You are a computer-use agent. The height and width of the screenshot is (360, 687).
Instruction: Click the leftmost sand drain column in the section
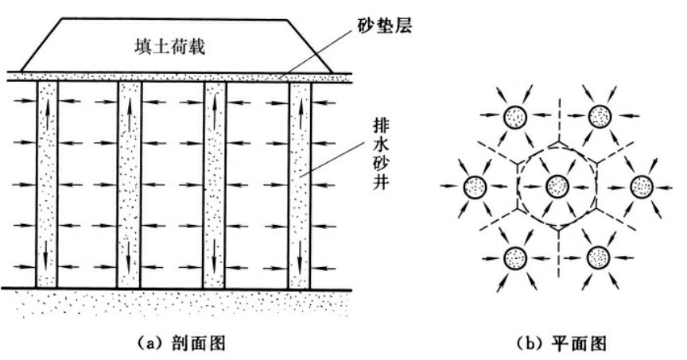pyautogui.click(x=47, y=183)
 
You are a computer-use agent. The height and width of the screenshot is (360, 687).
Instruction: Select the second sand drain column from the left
pyautogui.click(x=130, y=183)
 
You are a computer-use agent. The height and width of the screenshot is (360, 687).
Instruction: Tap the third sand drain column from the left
pyautogui.click(x=215, y=183)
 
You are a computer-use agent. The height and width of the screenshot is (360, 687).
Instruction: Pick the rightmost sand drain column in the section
pyautogui.click(x=300, y=183)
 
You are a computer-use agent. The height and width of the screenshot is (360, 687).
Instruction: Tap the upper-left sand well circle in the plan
pyautogui.click(x=515, y=117)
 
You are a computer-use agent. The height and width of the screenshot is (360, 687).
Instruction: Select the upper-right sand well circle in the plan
pyautogui.click(x=599, y=117)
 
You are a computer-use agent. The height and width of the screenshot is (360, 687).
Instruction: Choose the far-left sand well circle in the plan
pyautogui.click(x=475, y=188)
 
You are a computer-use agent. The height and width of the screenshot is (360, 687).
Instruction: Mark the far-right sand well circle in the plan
pyautogui.click(x=641, y=188)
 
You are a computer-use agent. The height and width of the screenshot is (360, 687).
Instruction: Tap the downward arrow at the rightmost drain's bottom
pyautogui.click(x=300, y=258)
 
